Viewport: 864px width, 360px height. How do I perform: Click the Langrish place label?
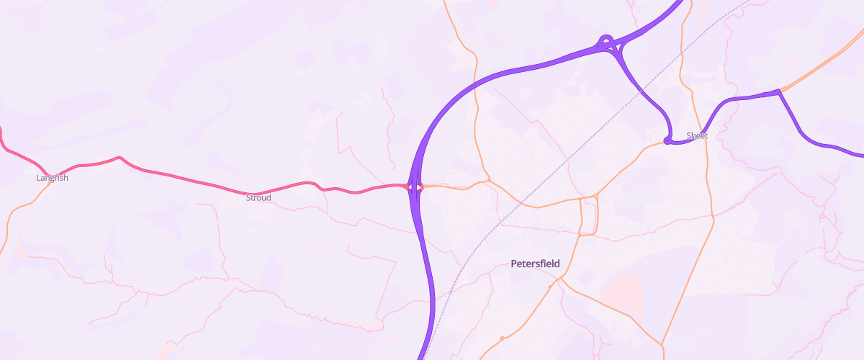[x=52, y=178]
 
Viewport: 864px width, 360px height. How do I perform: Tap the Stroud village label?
[x=258, y=197]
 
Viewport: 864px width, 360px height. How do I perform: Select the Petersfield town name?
[x=535, y=264]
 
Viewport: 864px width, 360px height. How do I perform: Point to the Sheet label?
[x=697, y=135]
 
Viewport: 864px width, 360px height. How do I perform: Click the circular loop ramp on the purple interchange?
[x=606, y=40]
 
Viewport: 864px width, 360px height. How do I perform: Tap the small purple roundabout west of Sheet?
[x=667, y=141]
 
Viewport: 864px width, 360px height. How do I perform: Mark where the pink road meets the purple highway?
[x=409, y=186]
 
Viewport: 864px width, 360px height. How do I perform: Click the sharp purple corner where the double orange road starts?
[x=778, y=91]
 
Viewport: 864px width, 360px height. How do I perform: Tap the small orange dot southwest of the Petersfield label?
[x=549, y=287]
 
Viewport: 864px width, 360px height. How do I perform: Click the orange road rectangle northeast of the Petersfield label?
[x=589, y=216]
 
